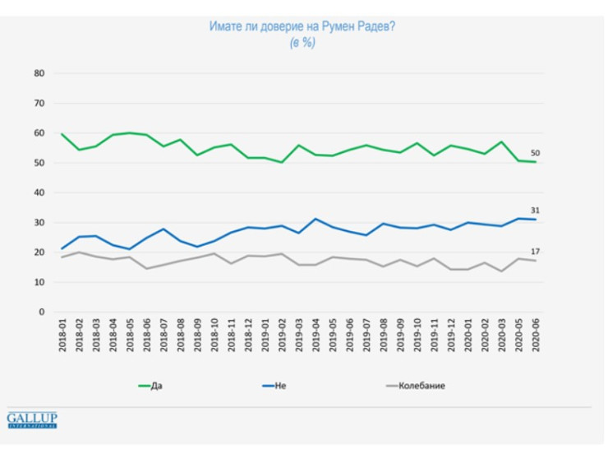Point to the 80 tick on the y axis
click(x=38, y=73)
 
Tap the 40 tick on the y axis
click(x=38, y=192)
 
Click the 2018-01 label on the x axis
click(x=62, y=338)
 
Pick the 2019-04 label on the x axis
click(x=316, y=338)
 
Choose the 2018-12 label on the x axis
click(x=249, y=338)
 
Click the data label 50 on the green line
click(x=535, y=153)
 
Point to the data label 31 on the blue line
click(x=535, y=211)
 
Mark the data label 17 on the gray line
click(x=535, y=252)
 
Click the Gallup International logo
click(x=32, y=420)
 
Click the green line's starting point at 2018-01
click(x=62, y=133)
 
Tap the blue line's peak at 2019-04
click(x=316, y=219)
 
